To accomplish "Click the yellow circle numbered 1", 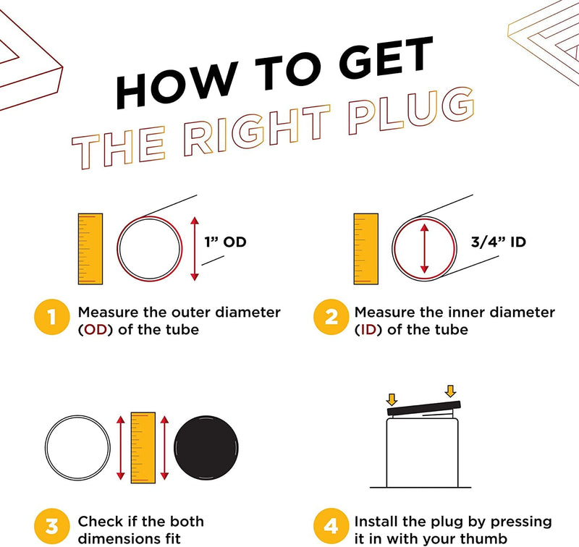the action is pos(51,317).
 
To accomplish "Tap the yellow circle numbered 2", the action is pos(331,317).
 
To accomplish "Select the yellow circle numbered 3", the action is pos(51,526).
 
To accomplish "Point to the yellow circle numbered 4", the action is pos(331,526).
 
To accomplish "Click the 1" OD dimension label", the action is pos(225,242).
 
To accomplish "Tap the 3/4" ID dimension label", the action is pos(498,242).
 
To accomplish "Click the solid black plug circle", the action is pos(206,448).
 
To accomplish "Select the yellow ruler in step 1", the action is pos(90,249).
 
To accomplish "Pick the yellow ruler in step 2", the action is pos(366,249).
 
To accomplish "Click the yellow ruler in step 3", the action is pos(143,448).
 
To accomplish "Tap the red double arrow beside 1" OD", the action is pos(195,249).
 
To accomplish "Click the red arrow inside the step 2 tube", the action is pos(425,249).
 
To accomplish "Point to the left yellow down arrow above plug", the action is pos(392,399).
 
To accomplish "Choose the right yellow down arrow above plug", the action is pos(450,391).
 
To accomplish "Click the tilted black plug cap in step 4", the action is pos(424,408).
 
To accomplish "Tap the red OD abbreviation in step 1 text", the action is pos(96,330).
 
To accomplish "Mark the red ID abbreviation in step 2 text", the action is pos(368,330).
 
